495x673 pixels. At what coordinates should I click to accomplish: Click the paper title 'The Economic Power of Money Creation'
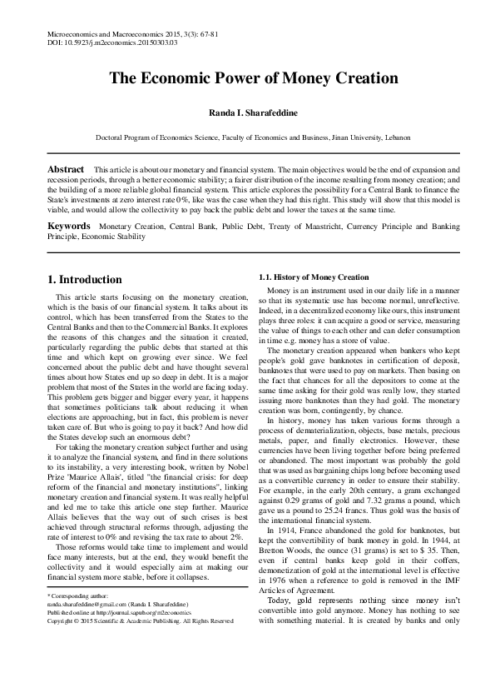click(x=247, y=79)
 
